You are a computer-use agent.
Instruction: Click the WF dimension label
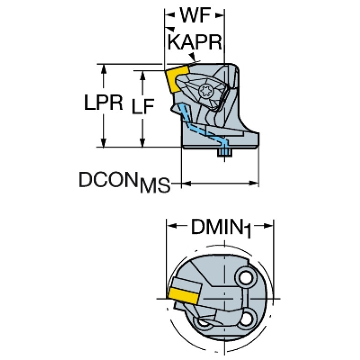tap(195, 15)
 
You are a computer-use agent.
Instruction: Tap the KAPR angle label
tap(195, 42)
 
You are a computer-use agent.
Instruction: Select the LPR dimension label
tap(104, 102)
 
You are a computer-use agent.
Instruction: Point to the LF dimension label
tap(143, 106)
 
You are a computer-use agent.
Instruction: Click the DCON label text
tap(109, 179)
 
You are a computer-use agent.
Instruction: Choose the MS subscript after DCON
tap(155, 185)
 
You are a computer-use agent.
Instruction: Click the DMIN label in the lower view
tap(217, 227)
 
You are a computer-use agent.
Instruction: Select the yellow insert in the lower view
tap(184, 296)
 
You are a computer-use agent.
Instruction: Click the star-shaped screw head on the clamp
tap(206, 91)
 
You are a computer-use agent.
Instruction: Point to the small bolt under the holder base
tap(225, 153)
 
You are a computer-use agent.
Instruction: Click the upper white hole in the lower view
tap(245, 278)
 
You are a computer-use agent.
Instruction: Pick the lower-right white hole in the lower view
tap(245, 319)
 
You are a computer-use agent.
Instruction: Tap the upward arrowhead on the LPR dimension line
tap(104, 69)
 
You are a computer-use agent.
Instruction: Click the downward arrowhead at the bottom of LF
tap(143, 142)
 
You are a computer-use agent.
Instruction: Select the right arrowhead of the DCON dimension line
tap(254, 183)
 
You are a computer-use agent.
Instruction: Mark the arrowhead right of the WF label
tap(219, 15)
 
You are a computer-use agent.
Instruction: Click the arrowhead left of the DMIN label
tap(172, 226)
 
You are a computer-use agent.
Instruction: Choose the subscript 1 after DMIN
tap(247, 231)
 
